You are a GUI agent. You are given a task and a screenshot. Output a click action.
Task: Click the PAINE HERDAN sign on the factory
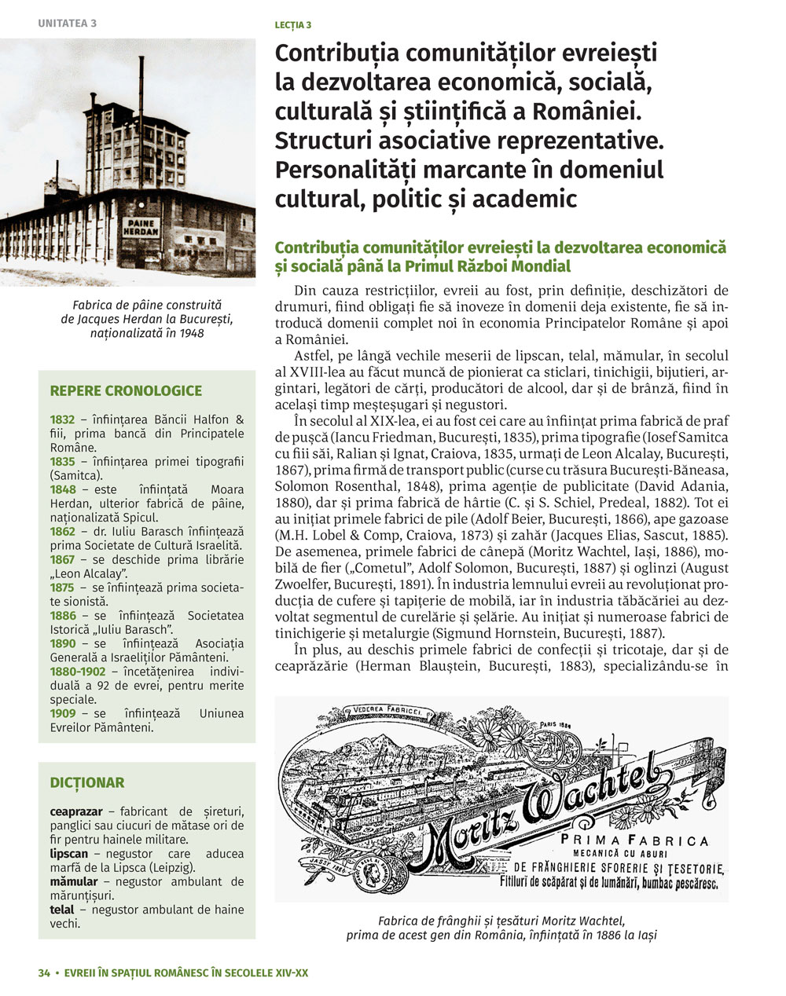[141, 228]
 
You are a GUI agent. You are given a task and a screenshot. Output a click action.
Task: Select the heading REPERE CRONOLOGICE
[126, 390]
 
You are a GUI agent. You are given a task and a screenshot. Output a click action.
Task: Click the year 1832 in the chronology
[62, 419]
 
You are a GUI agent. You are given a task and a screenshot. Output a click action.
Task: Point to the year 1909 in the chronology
[62, 713]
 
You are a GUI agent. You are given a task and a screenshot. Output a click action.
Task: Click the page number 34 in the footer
[44, 972]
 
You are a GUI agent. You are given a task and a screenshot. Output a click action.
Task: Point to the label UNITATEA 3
[68, 23]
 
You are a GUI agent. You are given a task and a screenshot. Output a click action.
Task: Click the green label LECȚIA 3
[292, 24]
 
